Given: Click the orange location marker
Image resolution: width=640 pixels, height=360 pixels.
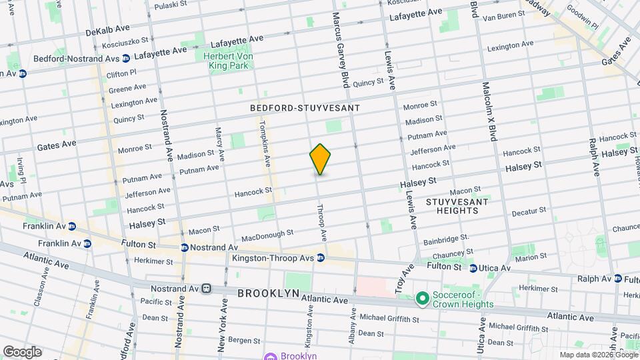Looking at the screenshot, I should [x=320, y=159].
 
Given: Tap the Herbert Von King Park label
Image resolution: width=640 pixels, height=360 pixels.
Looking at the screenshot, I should [x=229, y=61].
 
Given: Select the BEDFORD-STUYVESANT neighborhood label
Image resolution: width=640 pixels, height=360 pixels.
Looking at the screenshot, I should [x=305, y=107].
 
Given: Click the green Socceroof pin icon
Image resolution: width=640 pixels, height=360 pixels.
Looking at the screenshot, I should [x=421, y=299].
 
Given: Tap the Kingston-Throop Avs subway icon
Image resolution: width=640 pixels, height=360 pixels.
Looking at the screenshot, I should [x=321, y=257].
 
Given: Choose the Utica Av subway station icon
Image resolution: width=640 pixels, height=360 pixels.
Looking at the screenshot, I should [x=473, y=268].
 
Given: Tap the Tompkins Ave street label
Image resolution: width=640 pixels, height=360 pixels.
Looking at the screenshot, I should [x=263, y=139].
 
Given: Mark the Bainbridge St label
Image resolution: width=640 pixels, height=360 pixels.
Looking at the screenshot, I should [x=445, y=237].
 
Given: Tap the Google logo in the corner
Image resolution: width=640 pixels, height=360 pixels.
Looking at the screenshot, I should [x=21, y=352].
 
